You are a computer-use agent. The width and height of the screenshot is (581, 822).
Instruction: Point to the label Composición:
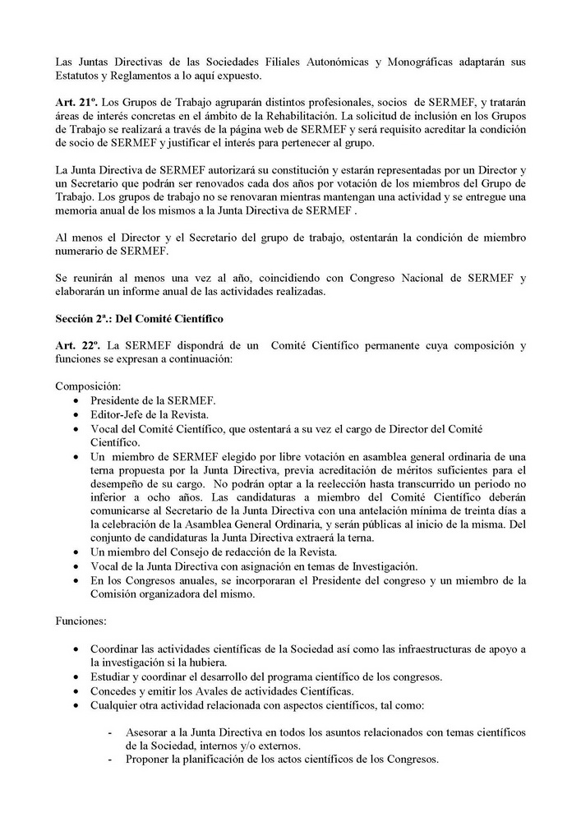coord(87,386)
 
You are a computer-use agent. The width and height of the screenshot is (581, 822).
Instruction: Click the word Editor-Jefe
coord(121,414)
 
